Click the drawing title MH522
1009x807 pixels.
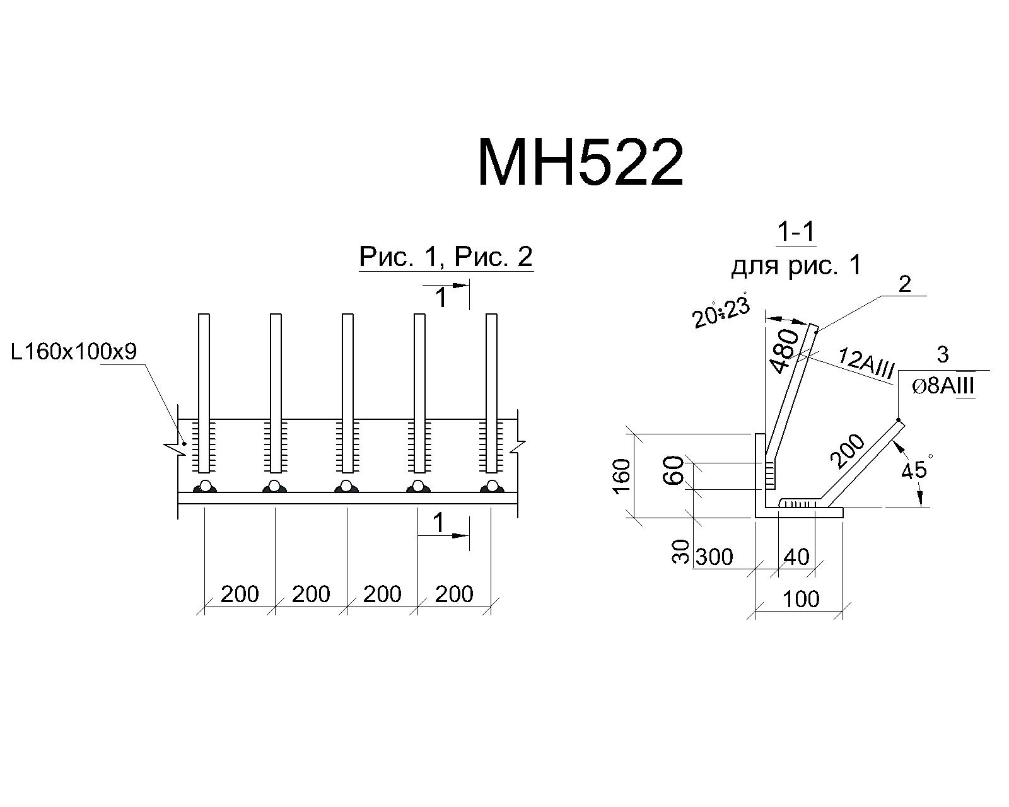point(580,162)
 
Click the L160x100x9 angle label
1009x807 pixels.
point(74,352)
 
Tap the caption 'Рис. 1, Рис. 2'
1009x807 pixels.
point(446,257)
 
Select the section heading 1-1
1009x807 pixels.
point(796,231)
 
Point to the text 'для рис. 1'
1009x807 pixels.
point(796,265)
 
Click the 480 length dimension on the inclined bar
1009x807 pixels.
point(784,351)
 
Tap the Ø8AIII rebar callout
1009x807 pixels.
point(943,386)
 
